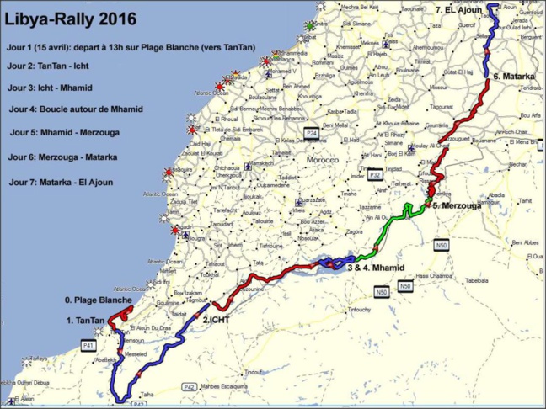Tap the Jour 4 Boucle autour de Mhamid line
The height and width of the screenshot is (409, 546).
click(77, 109)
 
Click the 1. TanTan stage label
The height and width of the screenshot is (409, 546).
click(85, 321)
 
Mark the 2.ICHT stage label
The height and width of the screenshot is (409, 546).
click(217, 319)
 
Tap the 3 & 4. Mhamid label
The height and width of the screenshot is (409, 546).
click(375, 268)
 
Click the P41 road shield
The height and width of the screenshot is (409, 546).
click(88, 345)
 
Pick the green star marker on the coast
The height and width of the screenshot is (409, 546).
click(312, 26)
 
